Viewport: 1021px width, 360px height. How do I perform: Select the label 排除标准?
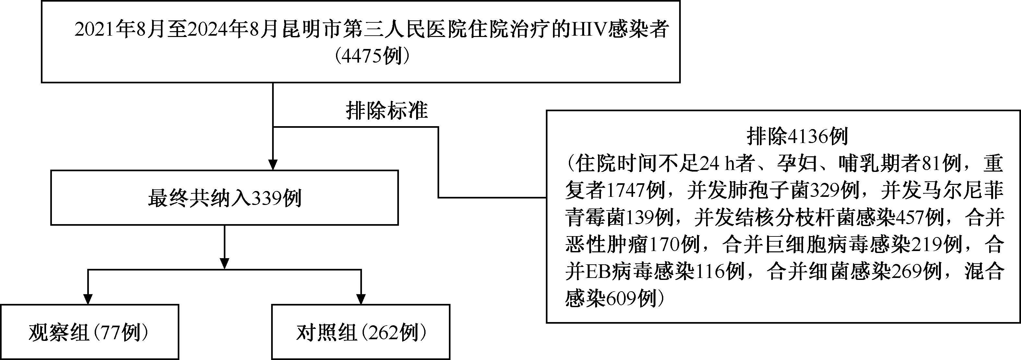click(x=387, y=110)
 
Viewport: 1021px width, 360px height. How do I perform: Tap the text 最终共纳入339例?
click(x=225, y=198)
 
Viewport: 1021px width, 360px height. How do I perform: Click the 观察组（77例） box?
click(x=89, y=332)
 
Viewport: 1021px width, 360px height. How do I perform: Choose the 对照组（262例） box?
click(x=361, y=332)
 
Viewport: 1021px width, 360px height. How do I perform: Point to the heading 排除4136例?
click(x=798, y=137)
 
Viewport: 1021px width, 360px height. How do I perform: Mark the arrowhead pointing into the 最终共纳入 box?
click(x=273, y=164)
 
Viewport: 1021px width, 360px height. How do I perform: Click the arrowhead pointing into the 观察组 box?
click(x=88, y=299)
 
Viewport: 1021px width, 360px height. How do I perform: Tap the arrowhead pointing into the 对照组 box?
click(x=361, y=299)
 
